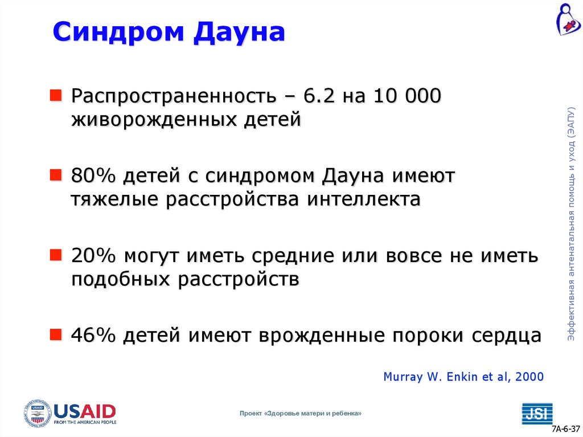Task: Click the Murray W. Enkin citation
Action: pos(463,377)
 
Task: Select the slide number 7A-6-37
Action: pos(565,428)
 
